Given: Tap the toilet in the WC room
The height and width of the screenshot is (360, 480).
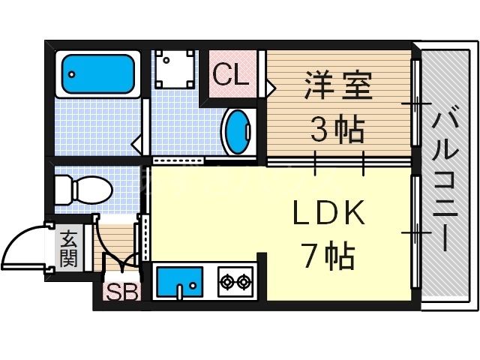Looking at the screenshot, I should coord(87,187).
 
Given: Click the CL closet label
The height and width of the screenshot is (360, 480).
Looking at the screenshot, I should coord(231,75).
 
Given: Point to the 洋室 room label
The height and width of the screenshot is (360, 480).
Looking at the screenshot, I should coord(337,85).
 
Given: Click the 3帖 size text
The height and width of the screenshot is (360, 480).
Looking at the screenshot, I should coord(337,131).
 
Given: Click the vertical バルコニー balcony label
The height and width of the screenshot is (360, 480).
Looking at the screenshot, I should coord(443,180).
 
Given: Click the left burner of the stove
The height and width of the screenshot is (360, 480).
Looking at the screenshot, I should coord(226,283).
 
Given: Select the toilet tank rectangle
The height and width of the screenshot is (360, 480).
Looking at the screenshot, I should coord(61,187).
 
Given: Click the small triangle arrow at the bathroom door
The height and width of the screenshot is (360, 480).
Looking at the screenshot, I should coord(136,143).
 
